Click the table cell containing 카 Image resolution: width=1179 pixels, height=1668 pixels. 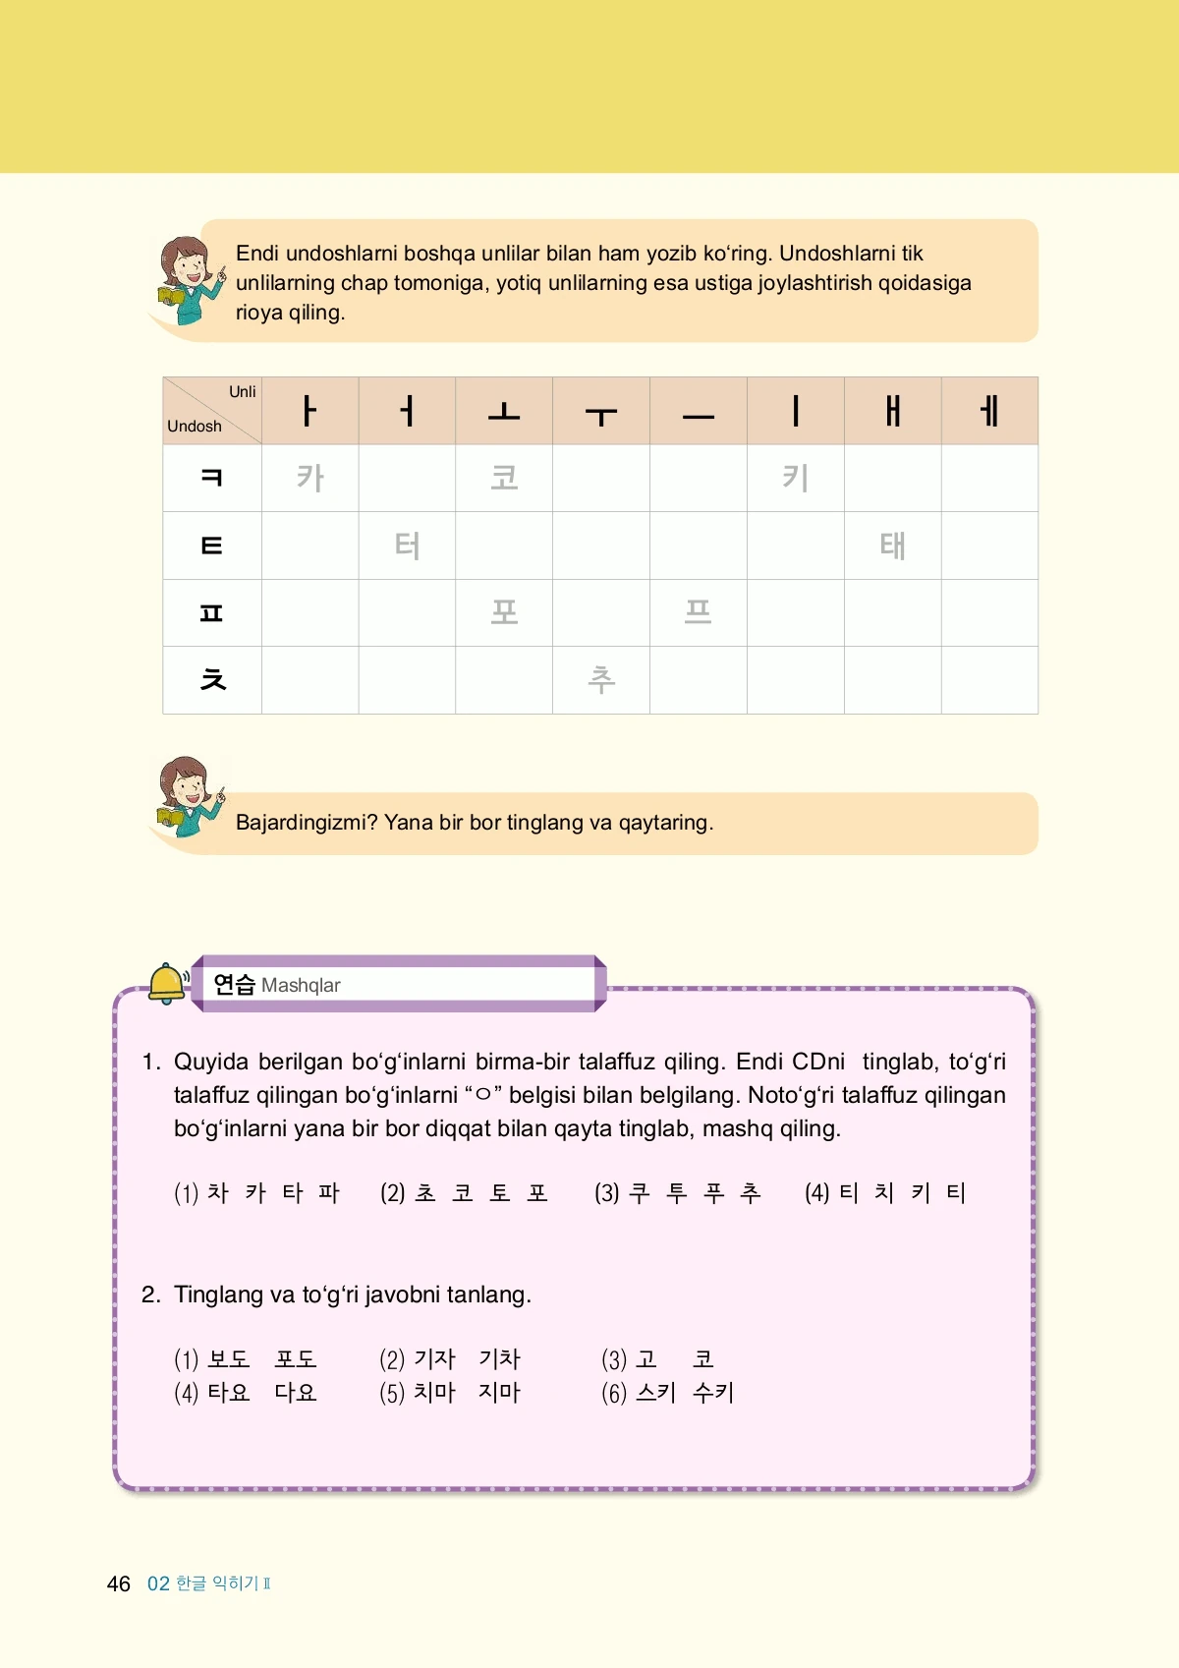309,478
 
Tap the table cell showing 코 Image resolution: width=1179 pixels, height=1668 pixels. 504,478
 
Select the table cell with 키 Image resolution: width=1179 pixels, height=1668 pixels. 795,478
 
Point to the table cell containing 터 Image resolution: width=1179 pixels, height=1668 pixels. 407,546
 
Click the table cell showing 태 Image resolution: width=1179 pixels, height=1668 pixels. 892,546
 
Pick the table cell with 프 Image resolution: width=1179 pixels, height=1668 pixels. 698,612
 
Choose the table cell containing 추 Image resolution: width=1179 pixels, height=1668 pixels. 601,679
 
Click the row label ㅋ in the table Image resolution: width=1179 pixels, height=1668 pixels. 212,478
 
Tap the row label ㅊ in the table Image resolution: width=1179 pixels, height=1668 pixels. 212,679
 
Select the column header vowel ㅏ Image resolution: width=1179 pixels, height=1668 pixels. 309,411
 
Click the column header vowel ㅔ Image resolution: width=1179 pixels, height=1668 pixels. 989,411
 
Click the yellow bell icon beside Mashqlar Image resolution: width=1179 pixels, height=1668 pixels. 167,984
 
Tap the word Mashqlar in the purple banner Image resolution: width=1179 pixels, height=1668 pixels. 301,985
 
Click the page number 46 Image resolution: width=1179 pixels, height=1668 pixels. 119,1583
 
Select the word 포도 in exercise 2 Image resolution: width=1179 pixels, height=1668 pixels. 295,1359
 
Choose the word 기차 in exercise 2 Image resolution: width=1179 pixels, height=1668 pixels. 499,1359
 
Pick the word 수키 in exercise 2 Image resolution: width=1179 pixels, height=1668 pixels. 713,1393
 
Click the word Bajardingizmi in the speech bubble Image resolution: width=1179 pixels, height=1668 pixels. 307,823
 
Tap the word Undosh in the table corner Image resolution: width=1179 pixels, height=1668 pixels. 195,427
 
